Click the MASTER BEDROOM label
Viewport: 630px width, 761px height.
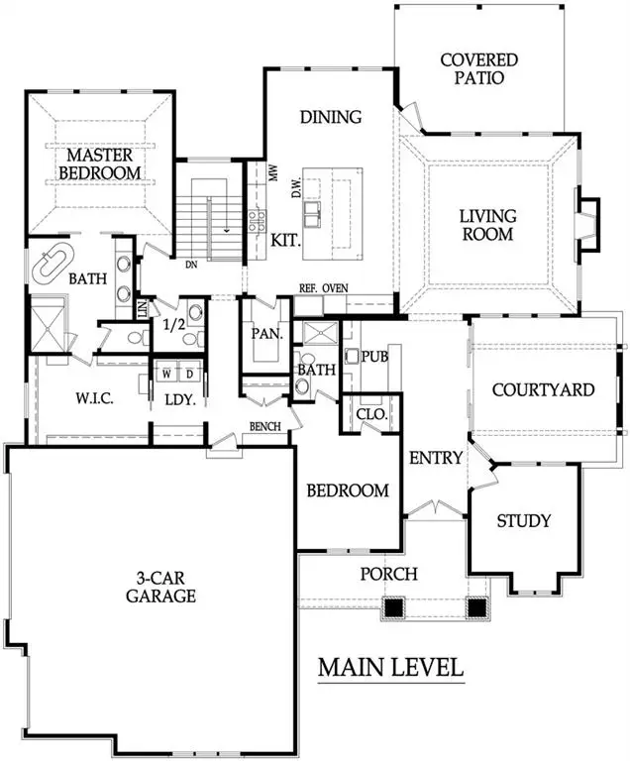(95, 164)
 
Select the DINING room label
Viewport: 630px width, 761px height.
(330, 117)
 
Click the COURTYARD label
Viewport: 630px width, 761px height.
(543, 389)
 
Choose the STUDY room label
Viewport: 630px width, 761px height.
(523, 520)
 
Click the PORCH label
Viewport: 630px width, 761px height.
(388, 574)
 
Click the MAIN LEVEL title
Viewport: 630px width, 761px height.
(390, 668)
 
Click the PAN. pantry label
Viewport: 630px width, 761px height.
(266, 334)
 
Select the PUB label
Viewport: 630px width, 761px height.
(373, 356)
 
